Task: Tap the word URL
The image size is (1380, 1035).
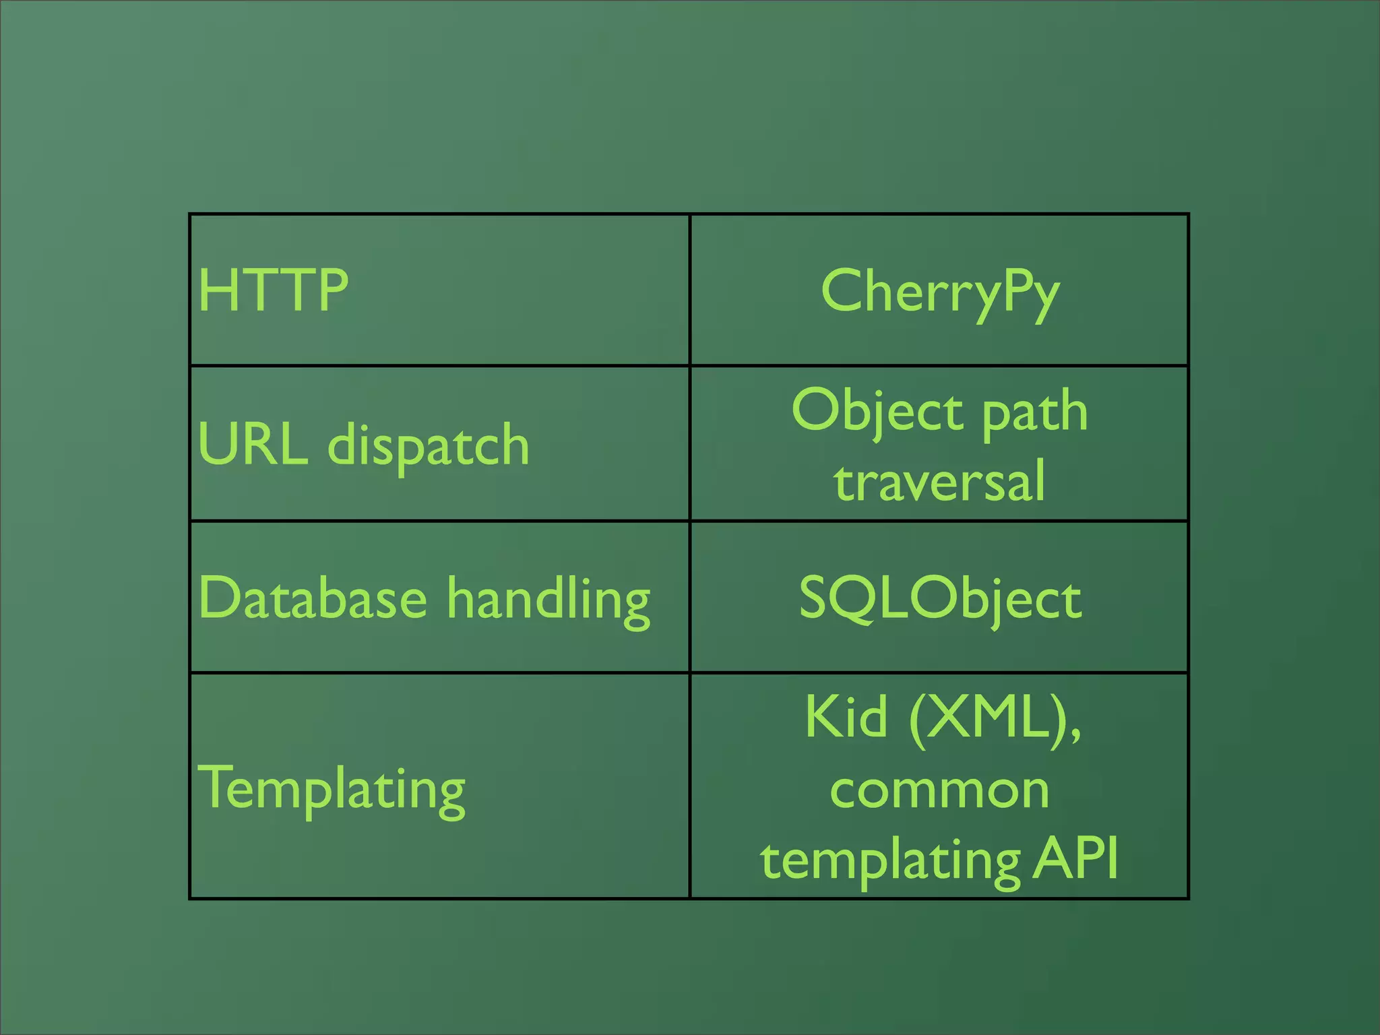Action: tap(253, 444)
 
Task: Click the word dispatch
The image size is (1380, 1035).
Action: tap(429, 445)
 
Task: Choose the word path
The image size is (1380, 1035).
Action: tap(1034, 412)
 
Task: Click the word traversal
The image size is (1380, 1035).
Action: tap(939, 481)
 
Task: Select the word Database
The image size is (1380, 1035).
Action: tap(313, 598)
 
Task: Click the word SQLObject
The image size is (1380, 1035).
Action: tap(940, 598)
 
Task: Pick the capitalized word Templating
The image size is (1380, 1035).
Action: tap(331, 788)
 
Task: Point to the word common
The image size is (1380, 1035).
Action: tap(939, 790)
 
